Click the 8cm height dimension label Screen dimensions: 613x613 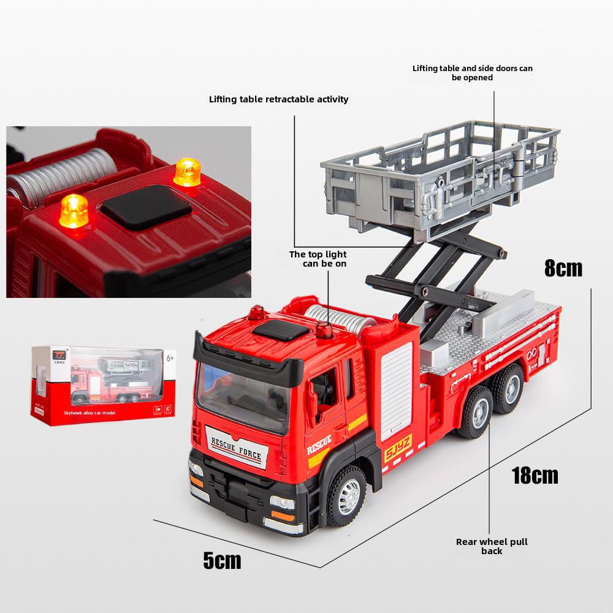(563, 268)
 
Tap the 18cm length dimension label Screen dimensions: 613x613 (535, 475)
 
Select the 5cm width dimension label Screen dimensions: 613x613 (222, 560)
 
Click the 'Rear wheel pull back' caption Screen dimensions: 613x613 (492, 546)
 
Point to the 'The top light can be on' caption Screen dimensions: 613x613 (318, 259)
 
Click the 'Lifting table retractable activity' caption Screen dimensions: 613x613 (278, 99)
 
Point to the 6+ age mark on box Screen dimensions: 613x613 (170, 356)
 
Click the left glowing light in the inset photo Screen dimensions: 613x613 (74, 210)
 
